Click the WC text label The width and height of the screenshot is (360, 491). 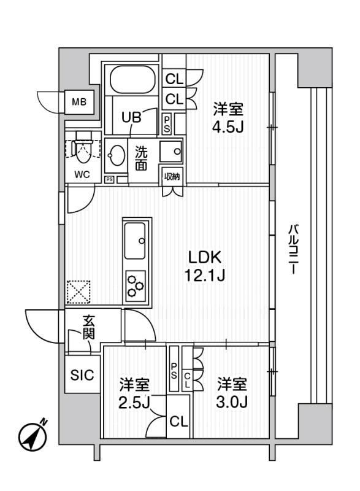coord(82,174)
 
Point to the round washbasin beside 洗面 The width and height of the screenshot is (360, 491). coord(115,156)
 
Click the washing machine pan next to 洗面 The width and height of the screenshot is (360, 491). coord(171,151)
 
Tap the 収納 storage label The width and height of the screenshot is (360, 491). coord(172,177)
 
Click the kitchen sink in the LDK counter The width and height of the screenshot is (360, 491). coord(136,241)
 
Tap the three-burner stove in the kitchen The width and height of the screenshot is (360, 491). coord(136,285)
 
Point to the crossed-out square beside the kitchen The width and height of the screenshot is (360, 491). coord(79,292)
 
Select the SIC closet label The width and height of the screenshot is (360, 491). coord(83,375)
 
